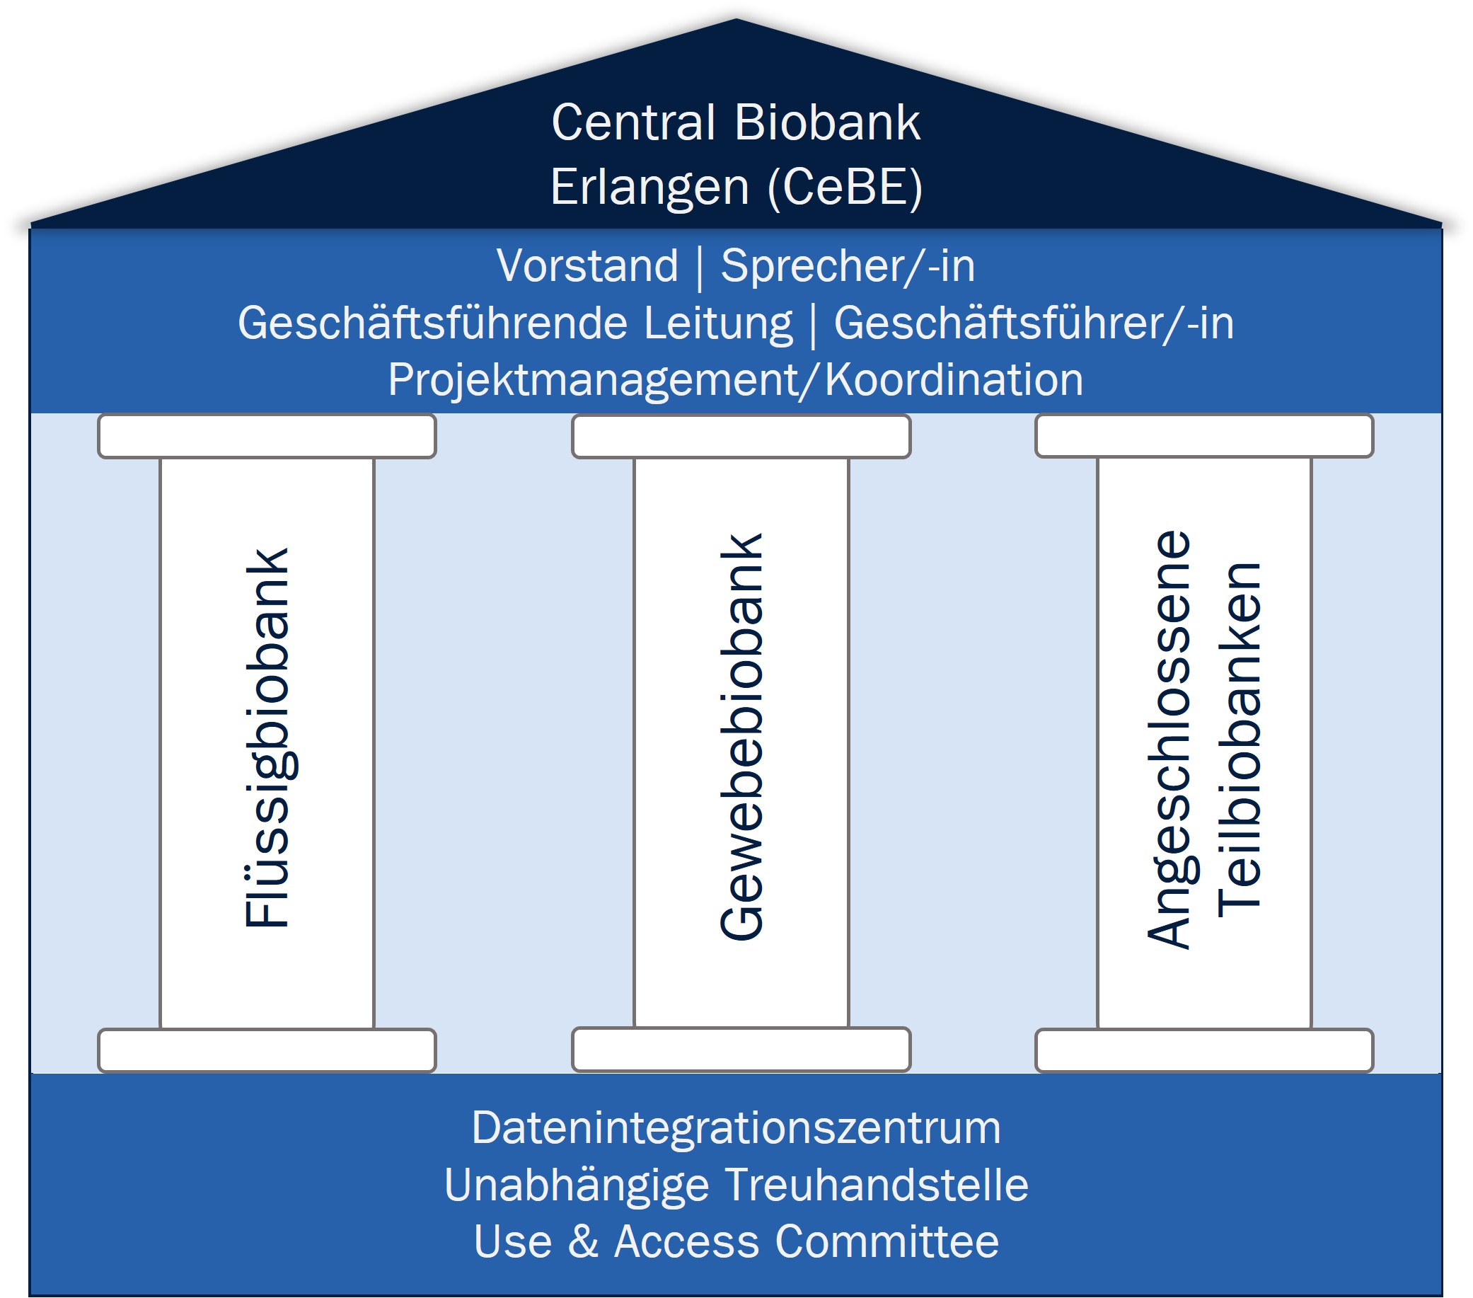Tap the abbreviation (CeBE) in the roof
[x=845, y=188]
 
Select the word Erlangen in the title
[x=650, y=188]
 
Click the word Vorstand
[x=587, y=266]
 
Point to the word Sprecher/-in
[x=848, y=266]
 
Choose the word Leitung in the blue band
[x=718, y=323]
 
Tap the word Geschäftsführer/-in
[x=1034, y=323]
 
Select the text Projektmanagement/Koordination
[x=735, y=380]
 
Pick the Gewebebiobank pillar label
[x=741, y=737]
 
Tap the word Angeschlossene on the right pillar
[x=1168, y=739]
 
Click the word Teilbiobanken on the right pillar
[x=1239, y=739]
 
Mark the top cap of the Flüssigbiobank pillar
[x=267, y=436]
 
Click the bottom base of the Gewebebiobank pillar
[x=741, y=1050]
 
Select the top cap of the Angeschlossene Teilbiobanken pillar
[x=1204, y=436]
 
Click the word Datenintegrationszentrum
[x=736, y=1128]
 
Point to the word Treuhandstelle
[x=877, y=1185]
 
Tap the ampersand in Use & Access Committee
[x=583, y=1242]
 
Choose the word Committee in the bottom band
[x=886, y=1242]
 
